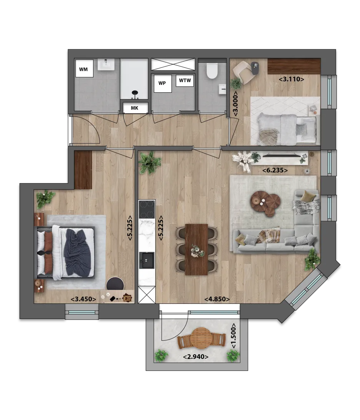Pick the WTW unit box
pyautogui.click(x=185, y=80)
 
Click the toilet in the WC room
pyautogui.click(x=212, y=70)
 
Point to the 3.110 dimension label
pyautogui.click(x=292, y=79)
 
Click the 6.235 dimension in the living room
pyautogui.click(x=275, y=170)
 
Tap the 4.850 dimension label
pyautogui.click(x=217, y=299)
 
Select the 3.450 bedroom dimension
pyautogui.click(x=83, y=299)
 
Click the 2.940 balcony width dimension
pyautogui.click(x=196, y=357)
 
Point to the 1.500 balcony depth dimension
pyautogui.click(x=234, y=336)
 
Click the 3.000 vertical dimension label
pyautogui.click(x=235, y=104)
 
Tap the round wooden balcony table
pyautogui.click(x=202, y=338)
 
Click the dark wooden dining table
pyautogui.click(x=196, y=250)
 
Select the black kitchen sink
pyautogui.click(x=147, y=260)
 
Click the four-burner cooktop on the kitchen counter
pyautogui.click(x=147, y=209)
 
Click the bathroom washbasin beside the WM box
pyautogui.click(x=106, y=65)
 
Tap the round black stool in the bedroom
pyautogui.click(x=115, y=284)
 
